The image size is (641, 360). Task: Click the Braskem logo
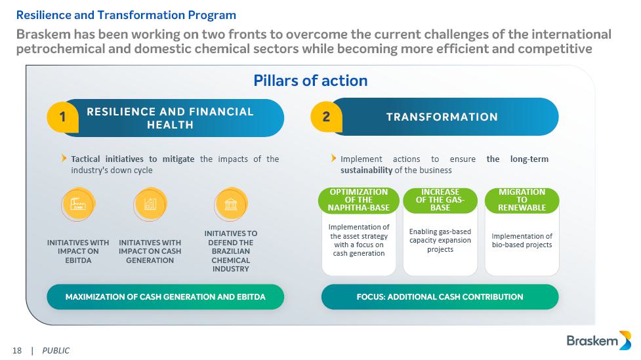point(598,340)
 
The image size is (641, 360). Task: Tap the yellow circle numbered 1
point(62,117)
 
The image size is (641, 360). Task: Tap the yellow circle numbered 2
point(326,117)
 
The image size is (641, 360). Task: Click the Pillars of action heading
point(310,81)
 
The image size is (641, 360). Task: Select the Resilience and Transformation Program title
point(126,15)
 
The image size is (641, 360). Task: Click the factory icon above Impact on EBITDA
point(78,204)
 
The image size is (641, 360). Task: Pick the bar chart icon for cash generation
point(150,204)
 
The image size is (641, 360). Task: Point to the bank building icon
point(230,204)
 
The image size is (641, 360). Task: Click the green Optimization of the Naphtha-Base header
point(358,200)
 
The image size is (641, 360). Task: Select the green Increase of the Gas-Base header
point(440,200)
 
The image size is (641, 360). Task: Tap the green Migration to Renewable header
point(522,200)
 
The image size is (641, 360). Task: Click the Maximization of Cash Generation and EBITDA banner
point(165,297)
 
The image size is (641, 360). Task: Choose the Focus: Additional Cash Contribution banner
point(440,297)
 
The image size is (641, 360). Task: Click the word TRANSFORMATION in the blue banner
point(442,117)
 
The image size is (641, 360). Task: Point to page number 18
point(17,351)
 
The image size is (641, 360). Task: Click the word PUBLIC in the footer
point(56,351)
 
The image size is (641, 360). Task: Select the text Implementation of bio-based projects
point(522,240)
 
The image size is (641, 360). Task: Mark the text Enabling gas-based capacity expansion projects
point(440,240)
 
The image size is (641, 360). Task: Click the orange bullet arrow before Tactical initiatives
point(64,158)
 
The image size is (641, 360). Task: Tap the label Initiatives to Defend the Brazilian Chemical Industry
point(230,251)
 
